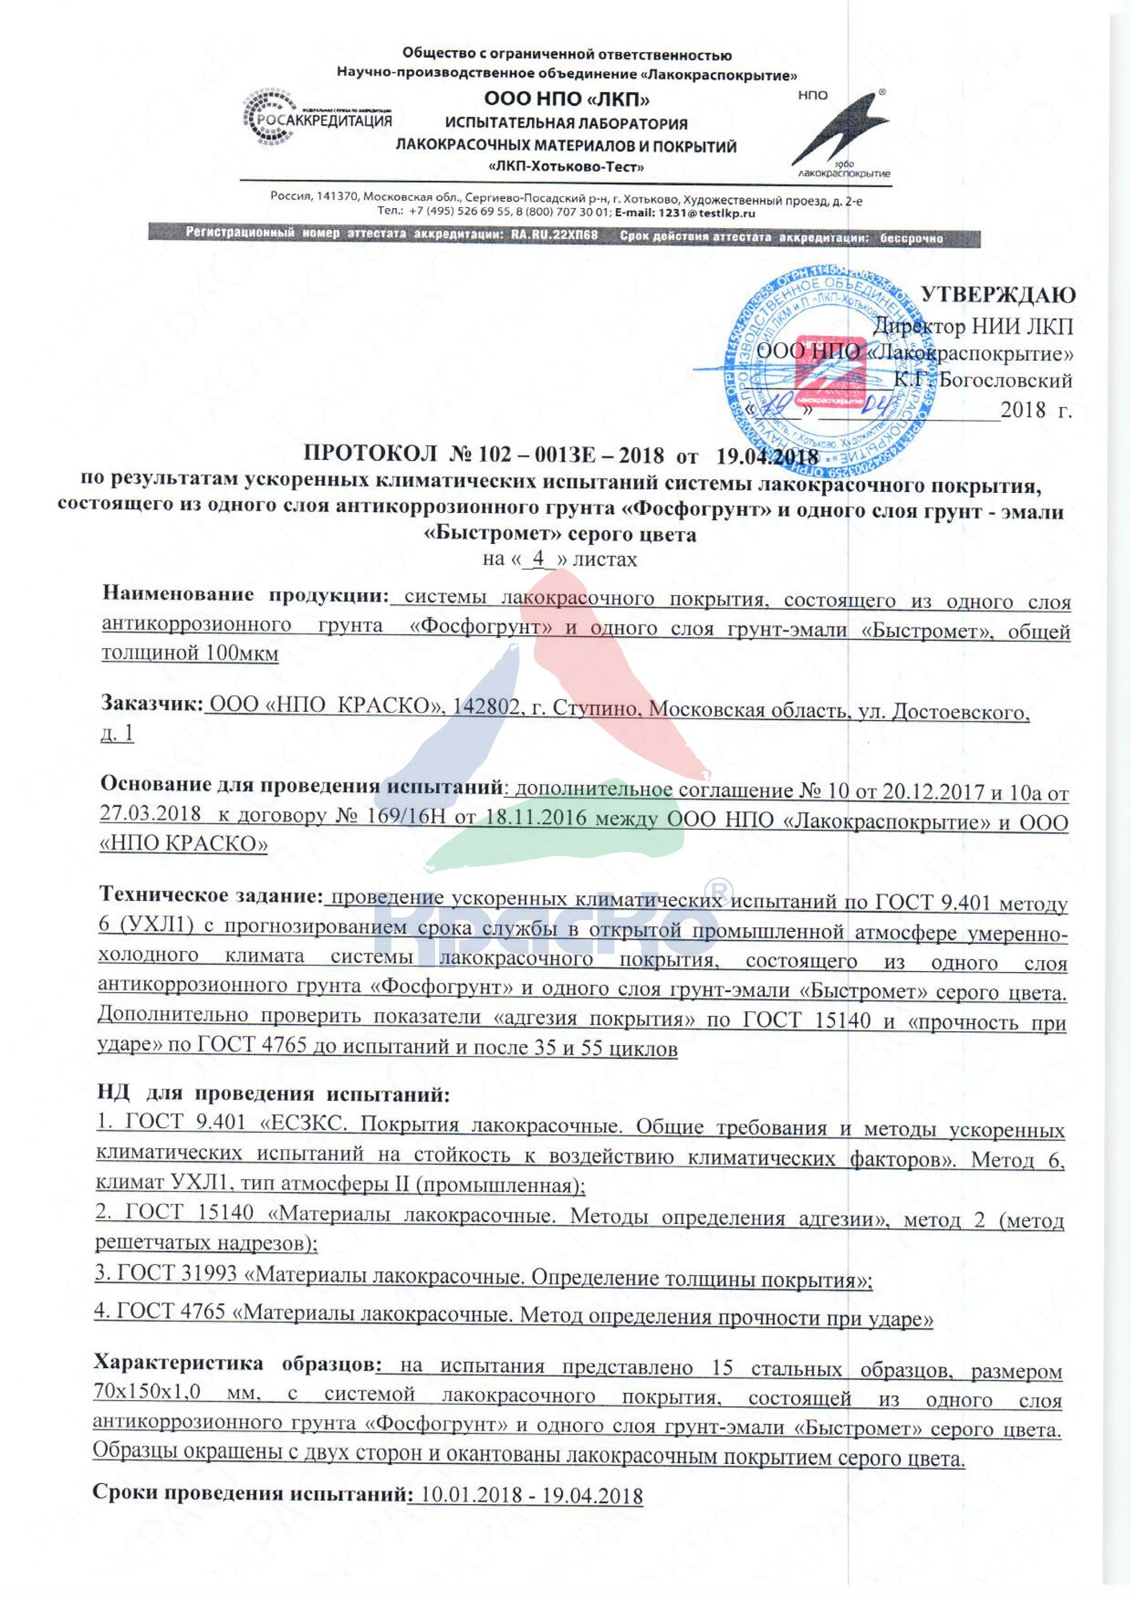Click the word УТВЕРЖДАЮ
coord(997,295)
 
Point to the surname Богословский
coord(1005,380)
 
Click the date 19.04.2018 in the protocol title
coord(766,456)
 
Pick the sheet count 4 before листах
coord(538,558)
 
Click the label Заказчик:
coord(152,703)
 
